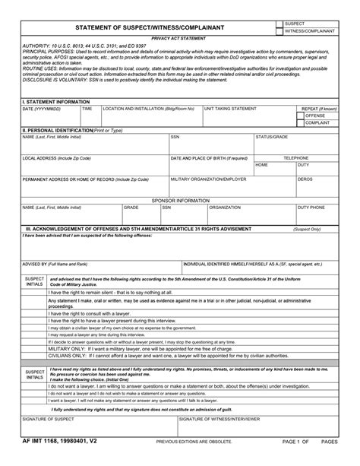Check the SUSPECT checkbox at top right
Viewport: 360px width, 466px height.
pyautogui.click(x=279, y=24)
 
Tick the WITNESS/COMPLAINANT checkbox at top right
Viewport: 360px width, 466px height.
pyautogui.click(x=279, y=32)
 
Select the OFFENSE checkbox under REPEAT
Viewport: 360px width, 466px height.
pyautogui.click(x=298, y=116)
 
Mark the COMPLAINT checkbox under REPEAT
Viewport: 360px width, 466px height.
pyautogui.click(x=298, y=122)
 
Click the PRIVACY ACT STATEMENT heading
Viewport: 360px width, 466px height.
pyautogui.click(x=179, y=37)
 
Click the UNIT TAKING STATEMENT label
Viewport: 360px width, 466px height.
pyautogui.click(x=230, y=109)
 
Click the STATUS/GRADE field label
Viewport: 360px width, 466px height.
pyautogui.click(x=271, y=137)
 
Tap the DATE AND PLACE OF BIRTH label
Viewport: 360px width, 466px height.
pyautogui.click(x=209, y=158)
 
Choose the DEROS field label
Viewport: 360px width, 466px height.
pyautogui.click(x=305, y=179)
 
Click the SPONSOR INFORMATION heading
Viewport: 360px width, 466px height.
pyautogui.click(x=179, y=200)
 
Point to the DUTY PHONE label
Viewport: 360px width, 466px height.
pyautogui.click(x=311, y=207)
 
